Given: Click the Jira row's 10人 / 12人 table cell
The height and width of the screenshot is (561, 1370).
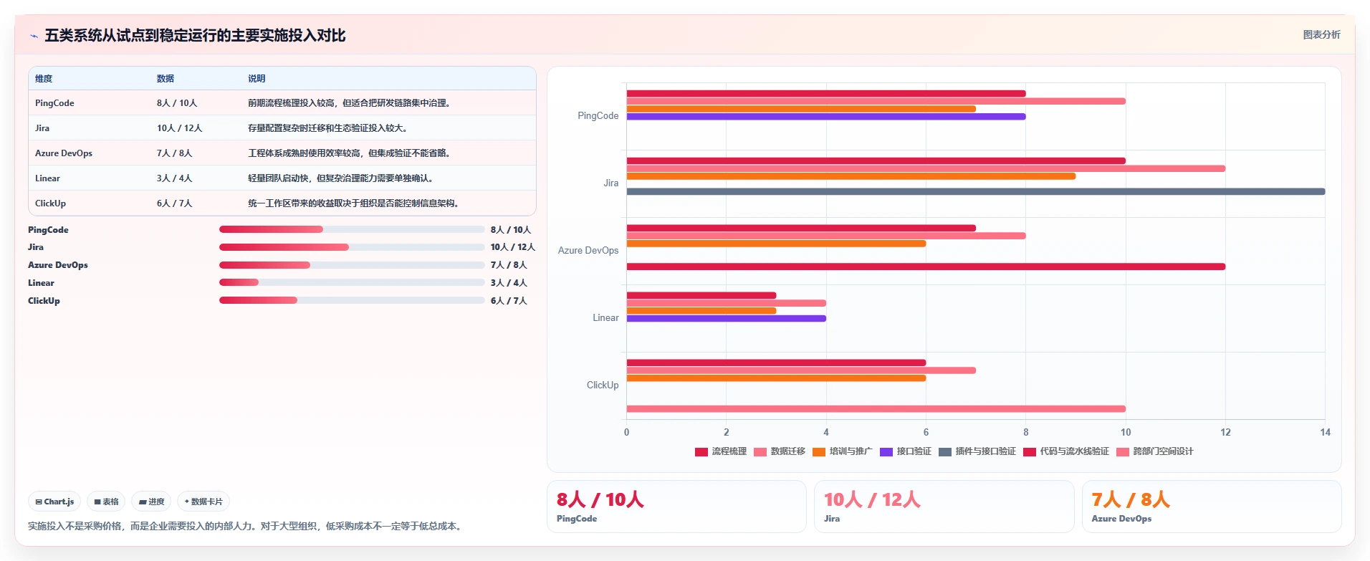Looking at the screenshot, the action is [x=179, y=128].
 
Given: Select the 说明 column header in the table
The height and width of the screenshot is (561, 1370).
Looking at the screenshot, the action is [x=257, y=79].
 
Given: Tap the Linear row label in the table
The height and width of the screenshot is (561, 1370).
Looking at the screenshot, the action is [x=47, y=178].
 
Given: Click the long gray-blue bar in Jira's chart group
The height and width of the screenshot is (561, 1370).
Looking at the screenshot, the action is [x=976, y=191].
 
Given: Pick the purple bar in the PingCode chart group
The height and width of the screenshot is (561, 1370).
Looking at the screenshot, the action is [x=826, y=116].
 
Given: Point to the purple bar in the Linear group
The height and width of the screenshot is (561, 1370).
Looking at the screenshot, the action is [x=727, y=318].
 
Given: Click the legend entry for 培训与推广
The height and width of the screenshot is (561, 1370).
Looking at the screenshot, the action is [x=842, y=451].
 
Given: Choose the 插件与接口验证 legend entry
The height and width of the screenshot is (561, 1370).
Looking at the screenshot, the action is [x=977, y=451].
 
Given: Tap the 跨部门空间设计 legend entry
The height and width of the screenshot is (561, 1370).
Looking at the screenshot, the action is [x=1154, y=451].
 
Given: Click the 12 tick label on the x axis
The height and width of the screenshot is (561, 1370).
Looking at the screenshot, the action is [x=1225, y=432].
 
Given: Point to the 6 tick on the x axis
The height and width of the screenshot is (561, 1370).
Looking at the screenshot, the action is [x=926, y=432].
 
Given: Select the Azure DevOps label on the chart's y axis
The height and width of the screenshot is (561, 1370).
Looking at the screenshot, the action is [x=588, y=251].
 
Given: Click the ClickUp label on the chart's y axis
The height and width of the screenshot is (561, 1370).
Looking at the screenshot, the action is [x=603, y=385].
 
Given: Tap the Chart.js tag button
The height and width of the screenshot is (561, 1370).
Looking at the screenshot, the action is [x=54, y=502].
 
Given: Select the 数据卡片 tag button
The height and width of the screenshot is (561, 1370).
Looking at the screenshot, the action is [x=203, y=502].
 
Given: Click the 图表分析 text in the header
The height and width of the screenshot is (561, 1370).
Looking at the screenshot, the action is [x=1321, y=34].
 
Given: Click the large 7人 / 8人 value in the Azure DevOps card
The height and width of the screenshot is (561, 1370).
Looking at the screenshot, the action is [x=1130, y=499].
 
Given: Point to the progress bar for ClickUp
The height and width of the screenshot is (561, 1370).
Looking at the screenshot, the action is [x=352, y=300].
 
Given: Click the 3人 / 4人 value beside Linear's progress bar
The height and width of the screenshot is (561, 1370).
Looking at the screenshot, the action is [x=509, y=283].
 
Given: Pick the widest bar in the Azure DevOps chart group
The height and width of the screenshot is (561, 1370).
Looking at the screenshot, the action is [x=926, y=267].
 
